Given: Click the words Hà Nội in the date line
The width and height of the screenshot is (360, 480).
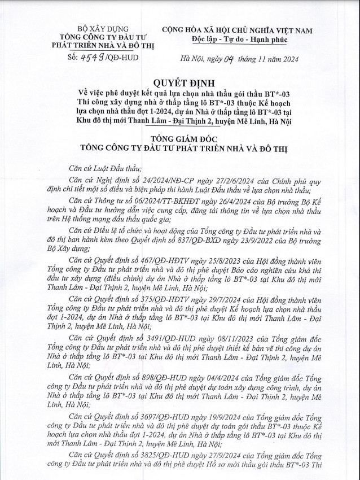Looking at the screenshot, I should (x=187, y=58).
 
